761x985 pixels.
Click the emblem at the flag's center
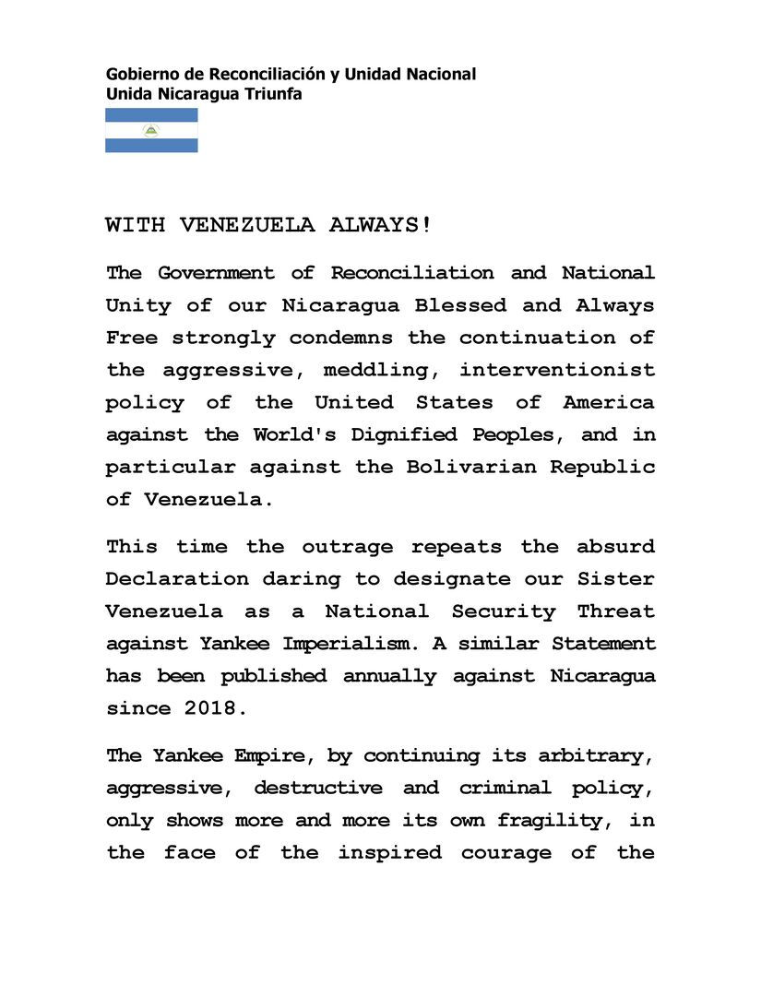click(151, 130)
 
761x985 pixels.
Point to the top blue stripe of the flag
click(151, 115)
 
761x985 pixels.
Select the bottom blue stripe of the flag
click(151, 145)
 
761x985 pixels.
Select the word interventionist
click(558, 370)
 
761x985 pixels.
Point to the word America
click(610, 402)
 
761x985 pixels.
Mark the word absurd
click(616, 546)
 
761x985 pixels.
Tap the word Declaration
click(177, 579)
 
